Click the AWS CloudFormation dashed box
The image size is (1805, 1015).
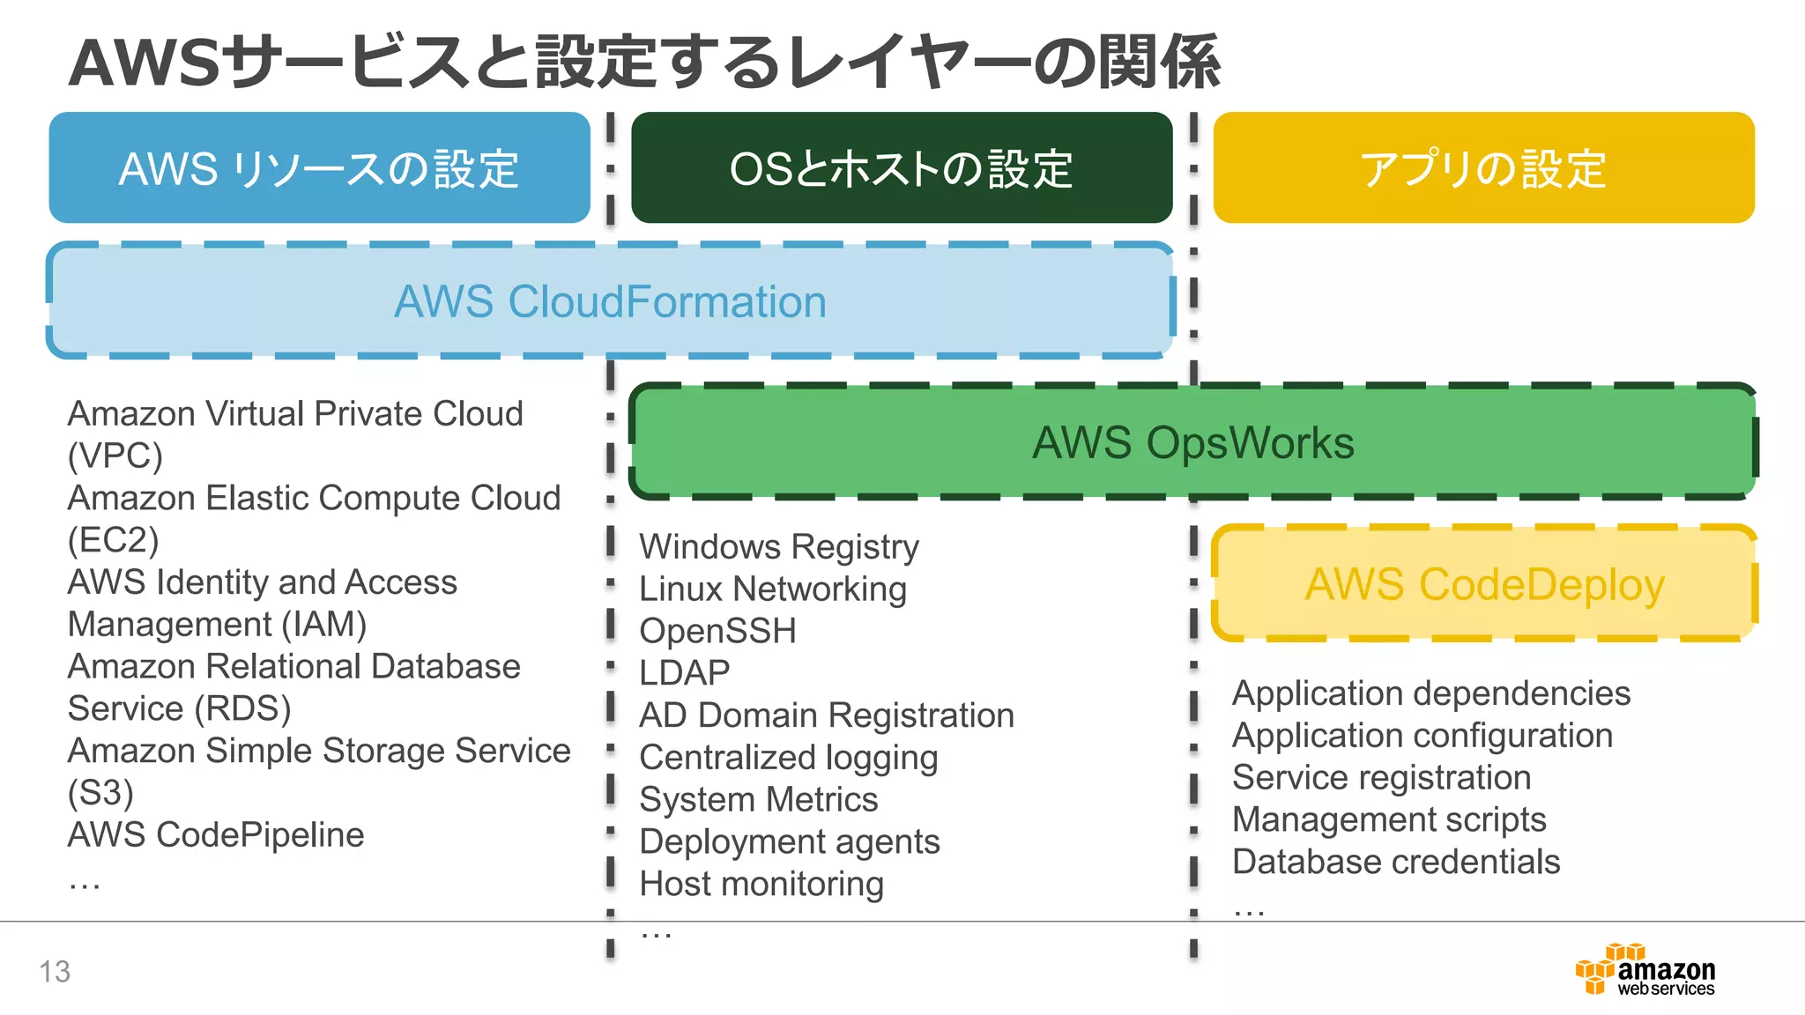tap(610, 301)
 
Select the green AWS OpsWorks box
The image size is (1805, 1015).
tap(1192, 442)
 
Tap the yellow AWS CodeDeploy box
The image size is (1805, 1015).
tap(1484, 584)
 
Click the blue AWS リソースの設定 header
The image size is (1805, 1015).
tap(319, 168)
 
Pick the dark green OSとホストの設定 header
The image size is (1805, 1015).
tap(901, 168)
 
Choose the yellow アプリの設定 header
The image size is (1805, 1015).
tap(1483, 168)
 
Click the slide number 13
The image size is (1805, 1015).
tap(55, 971)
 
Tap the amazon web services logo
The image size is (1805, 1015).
tap(1646, 970)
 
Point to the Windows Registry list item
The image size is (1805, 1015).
tap(779, 547)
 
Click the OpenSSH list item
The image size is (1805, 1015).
tap(717, 631)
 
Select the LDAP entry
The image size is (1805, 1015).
tap(685, 673)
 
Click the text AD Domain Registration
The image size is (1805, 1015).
tap(827, 715)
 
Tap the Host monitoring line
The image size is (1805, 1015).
tap(761, 884)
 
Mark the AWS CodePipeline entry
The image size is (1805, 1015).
tap(216, 834)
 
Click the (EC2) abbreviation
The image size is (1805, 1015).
tap(114, 540)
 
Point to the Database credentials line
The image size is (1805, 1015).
tap(1396, 862)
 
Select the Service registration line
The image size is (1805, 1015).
tap(1381, 778)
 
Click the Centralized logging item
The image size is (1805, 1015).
tap(789, 758)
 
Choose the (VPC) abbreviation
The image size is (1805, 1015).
tap(115, 456)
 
